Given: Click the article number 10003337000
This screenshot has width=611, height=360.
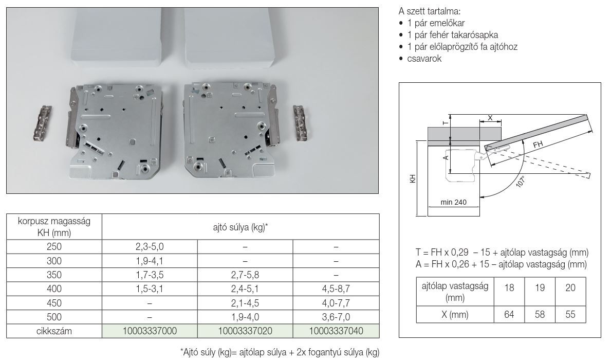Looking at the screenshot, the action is [150, 331].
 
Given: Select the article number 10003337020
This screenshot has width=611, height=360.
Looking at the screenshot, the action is [245, 331].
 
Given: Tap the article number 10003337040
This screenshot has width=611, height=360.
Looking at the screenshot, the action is [336, 331].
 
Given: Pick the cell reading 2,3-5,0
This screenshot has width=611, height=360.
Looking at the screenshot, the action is [150, 247].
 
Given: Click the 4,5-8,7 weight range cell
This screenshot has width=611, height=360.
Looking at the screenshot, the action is [336, 289].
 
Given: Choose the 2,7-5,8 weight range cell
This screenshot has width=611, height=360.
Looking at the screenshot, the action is [245, 275].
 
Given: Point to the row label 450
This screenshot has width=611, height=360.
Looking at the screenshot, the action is [54, 303].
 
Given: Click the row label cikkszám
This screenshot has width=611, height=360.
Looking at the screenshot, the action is [54, 331].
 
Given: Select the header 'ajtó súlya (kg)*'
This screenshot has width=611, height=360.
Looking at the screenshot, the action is [240, 227].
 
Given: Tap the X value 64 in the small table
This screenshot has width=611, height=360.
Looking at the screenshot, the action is [509, 314].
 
